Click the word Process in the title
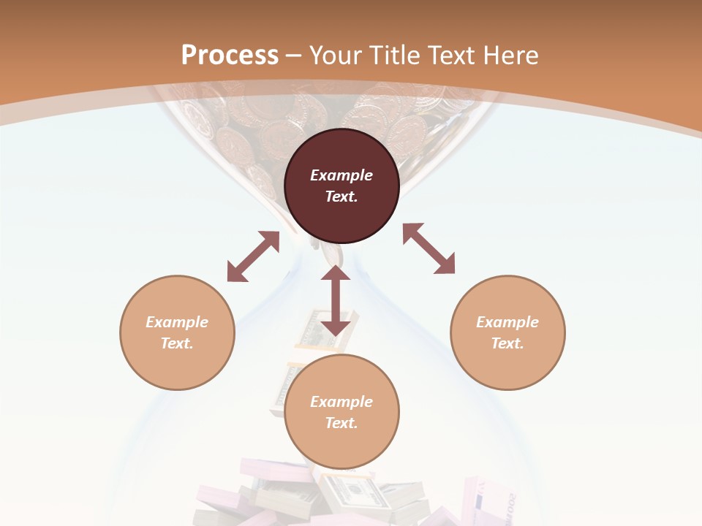230,55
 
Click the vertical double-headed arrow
336,300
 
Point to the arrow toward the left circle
253,256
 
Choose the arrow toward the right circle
429,248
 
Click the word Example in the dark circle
341,175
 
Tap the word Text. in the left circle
177,343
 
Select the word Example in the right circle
507,322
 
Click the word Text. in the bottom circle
341,423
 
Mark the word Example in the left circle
177,322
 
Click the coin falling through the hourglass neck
333,254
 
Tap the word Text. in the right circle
507,343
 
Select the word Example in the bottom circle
341,402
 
